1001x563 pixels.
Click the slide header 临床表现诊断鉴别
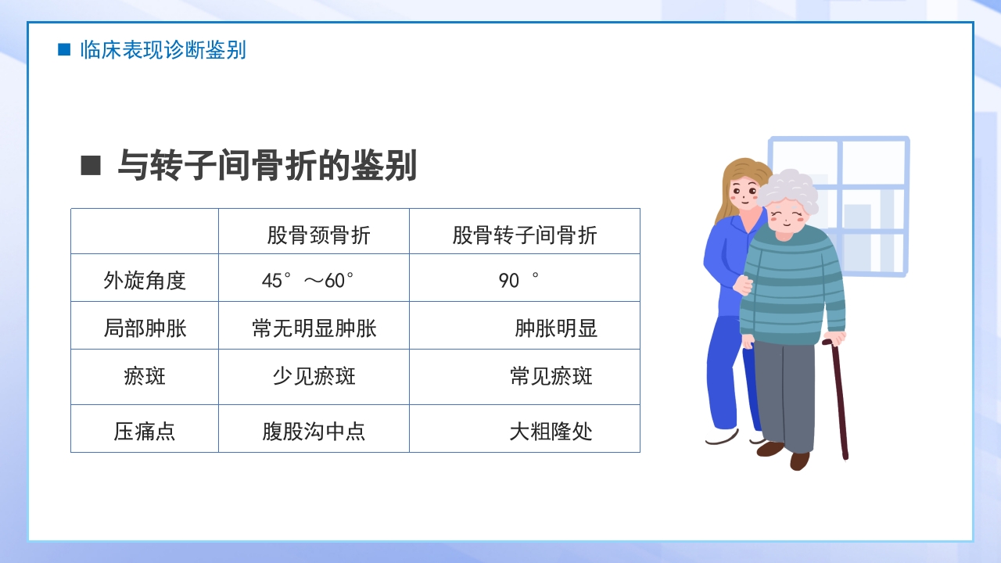click(163, 50)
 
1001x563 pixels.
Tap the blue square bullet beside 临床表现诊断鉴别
click(64, 50)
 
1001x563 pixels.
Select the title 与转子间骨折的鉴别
click(267, 166)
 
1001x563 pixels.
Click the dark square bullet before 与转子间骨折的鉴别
click(91, 166)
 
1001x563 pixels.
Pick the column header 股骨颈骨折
click(318, 235)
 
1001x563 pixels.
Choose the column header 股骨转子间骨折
click(524, 235)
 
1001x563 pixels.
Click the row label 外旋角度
click(145, 280)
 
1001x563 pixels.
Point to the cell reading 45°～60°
click(308, 280)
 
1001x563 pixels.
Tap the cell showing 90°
click(518, 280)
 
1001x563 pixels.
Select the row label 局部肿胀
click(145, 328)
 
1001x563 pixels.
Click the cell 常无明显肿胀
click(314, 328)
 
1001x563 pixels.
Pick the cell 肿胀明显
click(556, 328)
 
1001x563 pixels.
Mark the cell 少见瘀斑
click(314, 376)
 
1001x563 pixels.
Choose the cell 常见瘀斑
click(551, 376)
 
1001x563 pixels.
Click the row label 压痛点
click(145, 431)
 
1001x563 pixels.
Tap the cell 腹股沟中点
click(314, 431)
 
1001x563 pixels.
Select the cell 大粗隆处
click(551, 431)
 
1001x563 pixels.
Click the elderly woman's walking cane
click(838, 399)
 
